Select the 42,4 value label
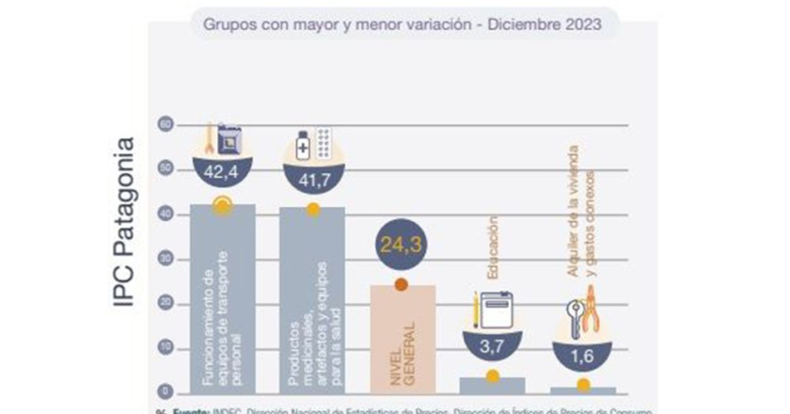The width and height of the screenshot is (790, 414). pyautogui.click(x=221, y=172)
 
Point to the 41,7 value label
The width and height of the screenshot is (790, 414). pyautogui.click(x=311, y=172)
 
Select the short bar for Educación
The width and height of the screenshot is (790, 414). pyautogui.click(x=492, y=385)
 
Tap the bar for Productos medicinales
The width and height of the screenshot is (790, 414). pyautogui.click(x=311, y=301)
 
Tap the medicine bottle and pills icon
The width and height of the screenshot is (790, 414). pyautogui.click(x=311, y=143)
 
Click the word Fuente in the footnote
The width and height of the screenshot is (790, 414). pyautogui.click(x=182, y=410)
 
